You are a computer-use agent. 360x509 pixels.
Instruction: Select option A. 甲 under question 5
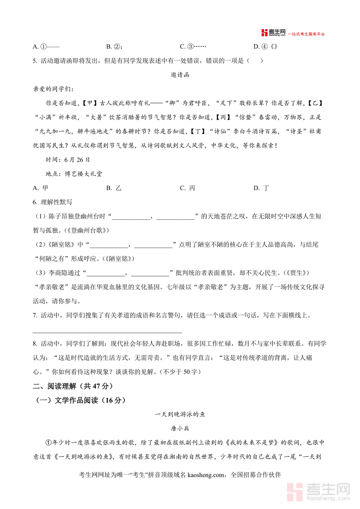[x=40, y=188]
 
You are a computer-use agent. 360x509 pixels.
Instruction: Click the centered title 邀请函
[x=180, y=74]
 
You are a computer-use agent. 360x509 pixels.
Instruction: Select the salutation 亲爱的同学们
[x=50, y=89]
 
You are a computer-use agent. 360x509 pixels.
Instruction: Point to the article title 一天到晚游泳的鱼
[x=180, y=415]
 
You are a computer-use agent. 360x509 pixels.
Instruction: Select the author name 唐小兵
[x=180, y=428]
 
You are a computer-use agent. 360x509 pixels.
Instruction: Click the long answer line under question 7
[x=107, y=332]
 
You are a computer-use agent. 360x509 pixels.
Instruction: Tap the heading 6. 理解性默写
[x=52, y=202]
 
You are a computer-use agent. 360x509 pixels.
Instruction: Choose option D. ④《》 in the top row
[x=266, y=46]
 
